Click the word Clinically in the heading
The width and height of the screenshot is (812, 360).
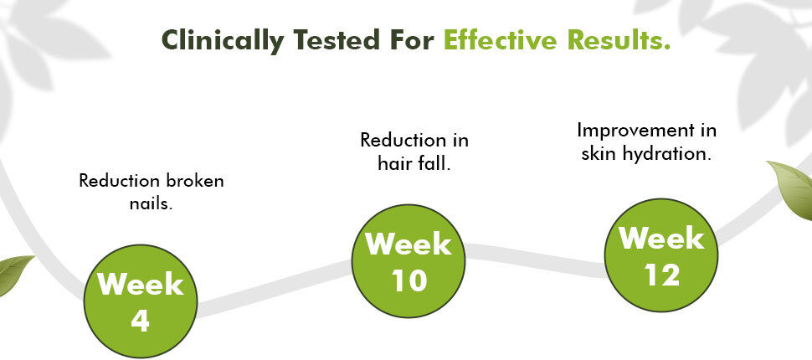click(224, 40)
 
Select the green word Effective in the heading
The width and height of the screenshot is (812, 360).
click(499, 40)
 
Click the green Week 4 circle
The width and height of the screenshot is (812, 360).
click(141, 301)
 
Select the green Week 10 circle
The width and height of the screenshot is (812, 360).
click(409, 261)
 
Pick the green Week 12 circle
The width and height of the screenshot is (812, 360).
click(661, 255)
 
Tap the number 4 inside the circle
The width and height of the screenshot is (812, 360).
click(141, 321)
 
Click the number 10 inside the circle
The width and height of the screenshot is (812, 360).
click(409, 280)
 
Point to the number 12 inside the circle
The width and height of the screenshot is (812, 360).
click(662, 275)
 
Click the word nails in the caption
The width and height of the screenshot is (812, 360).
click(151, 203)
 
